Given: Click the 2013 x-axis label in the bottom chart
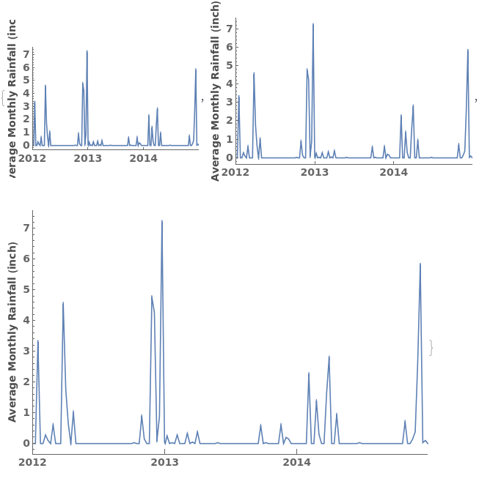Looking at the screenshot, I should [x=164, y=462].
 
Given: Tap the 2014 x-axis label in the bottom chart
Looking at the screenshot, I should [x=296, y=462].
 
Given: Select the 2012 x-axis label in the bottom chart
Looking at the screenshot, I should [x=32, y=462].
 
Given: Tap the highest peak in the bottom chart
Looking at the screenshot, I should [x=162, y=220].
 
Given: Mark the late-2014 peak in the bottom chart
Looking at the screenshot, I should [x=420, y=264].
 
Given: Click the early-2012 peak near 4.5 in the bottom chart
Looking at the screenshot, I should [x=63, y=302].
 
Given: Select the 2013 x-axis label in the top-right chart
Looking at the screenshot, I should [x=315, y=172].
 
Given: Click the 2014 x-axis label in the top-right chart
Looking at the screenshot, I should [x=394, y=172].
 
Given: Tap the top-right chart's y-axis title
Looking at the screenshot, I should [x=216, y=100].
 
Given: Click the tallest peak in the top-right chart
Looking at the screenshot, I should [x=313, y=24].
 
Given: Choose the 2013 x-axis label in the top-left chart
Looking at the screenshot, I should [x=88, y=157].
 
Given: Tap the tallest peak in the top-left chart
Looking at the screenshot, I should [x=87, y=51].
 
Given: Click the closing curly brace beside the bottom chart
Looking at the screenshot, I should [x=431, y=348].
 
